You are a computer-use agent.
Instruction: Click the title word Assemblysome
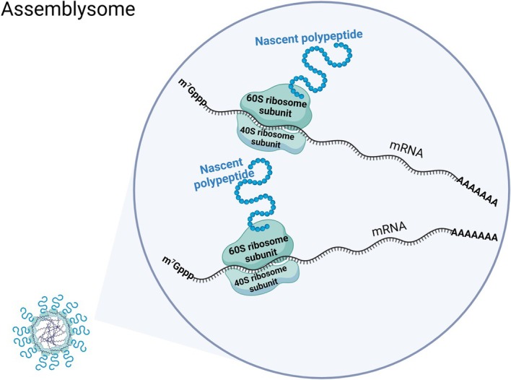pyautogui.click(x=53, y=12)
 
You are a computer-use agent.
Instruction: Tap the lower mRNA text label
pyautogui.click(x=391, y=230)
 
